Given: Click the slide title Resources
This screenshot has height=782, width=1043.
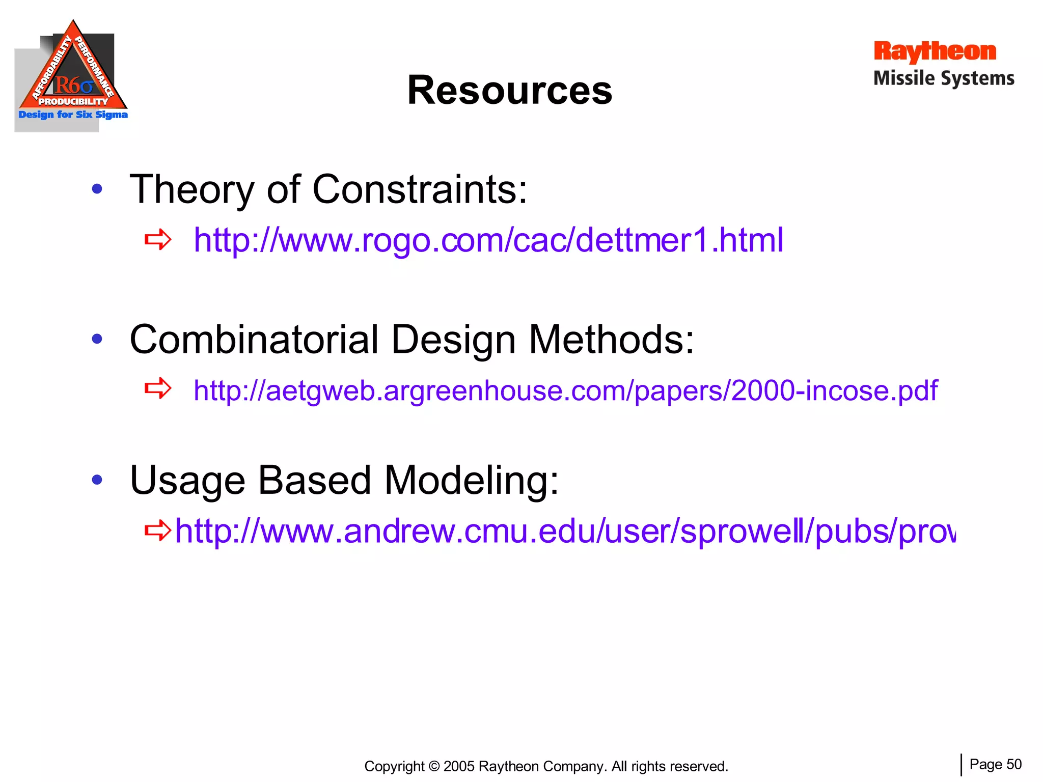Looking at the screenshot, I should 509,91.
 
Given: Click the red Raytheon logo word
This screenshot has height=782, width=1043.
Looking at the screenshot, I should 935,51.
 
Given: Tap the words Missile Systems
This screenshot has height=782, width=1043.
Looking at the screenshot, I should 944,78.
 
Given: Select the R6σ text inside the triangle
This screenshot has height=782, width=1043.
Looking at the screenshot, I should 74,85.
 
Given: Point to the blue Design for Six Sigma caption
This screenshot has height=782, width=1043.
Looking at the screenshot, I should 73,115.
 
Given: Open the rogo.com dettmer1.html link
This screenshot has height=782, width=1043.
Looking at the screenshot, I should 488,240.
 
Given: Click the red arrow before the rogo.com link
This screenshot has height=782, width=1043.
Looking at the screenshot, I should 157,239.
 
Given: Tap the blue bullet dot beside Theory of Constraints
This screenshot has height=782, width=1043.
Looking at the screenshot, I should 97,189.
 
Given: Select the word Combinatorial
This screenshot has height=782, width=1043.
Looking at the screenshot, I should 254,340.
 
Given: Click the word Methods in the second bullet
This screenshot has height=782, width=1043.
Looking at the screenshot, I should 611,340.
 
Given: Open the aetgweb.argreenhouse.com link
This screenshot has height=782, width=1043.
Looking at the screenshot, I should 565,390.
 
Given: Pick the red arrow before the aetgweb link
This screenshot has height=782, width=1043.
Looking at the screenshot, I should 157,389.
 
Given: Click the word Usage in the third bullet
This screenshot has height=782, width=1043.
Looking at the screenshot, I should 187,480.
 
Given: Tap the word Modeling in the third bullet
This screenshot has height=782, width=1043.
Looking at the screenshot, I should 471,480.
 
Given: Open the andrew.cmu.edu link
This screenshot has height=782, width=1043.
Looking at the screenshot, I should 565,531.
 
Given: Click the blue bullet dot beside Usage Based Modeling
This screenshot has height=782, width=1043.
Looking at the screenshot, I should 97,479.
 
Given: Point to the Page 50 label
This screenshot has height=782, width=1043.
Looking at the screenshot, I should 995,764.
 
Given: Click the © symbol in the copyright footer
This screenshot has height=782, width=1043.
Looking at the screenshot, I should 434,766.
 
